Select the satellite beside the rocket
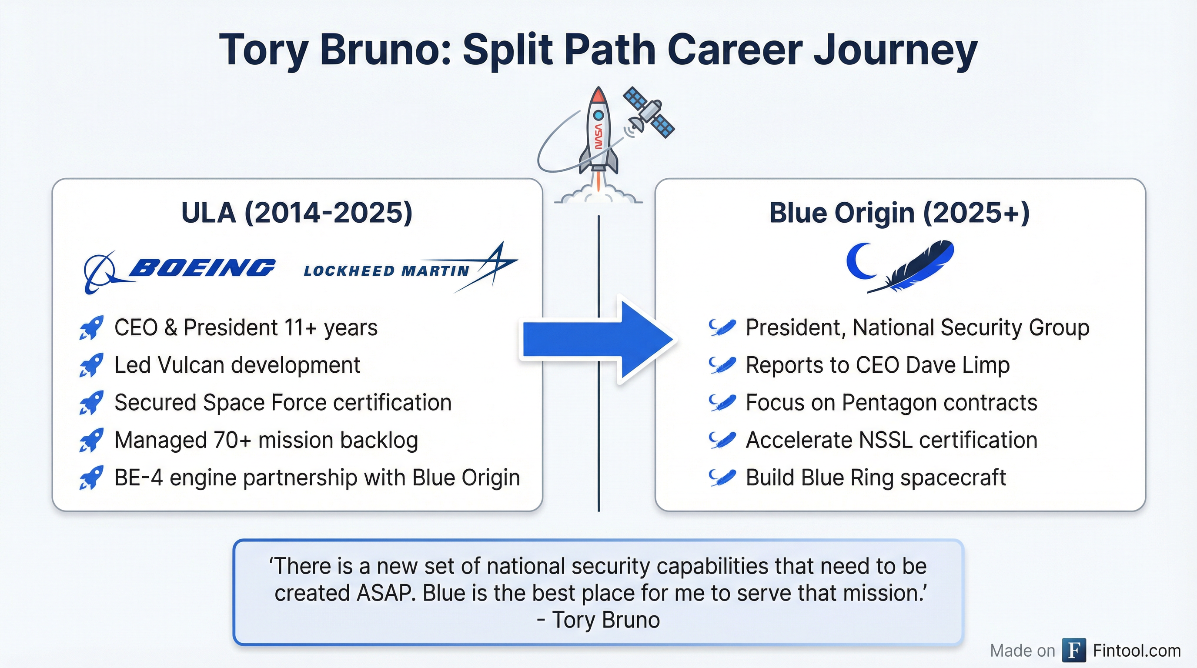tap(649, 114)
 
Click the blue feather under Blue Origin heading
tap(911, 267)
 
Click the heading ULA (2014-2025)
tap(297, 213)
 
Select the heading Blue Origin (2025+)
tap(899, 213)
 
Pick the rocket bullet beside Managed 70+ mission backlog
tap(91, 441)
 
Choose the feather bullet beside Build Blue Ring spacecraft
tap(722, 478)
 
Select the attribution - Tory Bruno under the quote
tap(598, 620)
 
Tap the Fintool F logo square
tap(1074, 650)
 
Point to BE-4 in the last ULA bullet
tap(138, 478)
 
